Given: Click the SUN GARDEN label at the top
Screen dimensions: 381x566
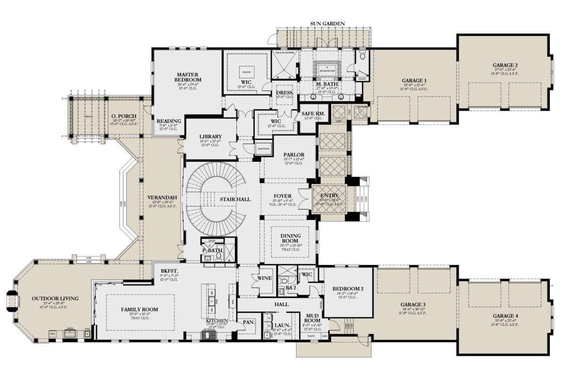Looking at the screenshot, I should click(327, 23).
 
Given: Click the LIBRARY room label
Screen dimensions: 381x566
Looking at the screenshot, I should click(210, 137).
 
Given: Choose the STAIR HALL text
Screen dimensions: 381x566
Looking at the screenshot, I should click(234, 199).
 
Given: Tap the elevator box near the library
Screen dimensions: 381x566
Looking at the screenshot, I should click(263, 149).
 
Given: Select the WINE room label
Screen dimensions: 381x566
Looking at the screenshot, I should click(265, 278).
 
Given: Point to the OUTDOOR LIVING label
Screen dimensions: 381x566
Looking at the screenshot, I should click(55, 298).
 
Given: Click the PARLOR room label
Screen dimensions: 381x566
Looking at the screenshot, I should click(293, 155).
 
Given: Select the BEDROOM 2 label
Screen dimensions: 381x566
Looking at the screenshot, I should click(346, 289).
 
